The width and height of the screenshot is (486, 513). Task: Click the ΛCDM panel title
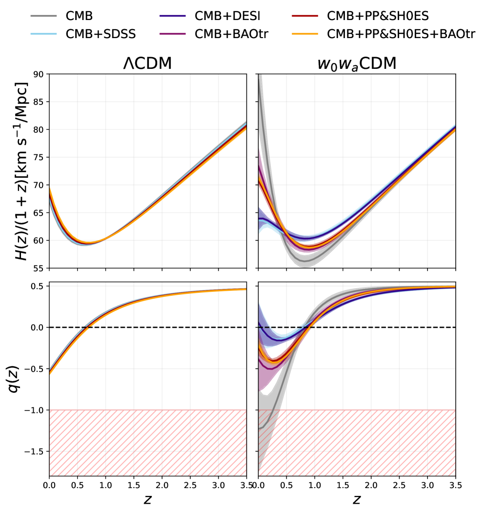coord(147,63)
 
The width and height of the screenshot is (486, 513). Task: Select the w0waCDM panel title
coord(357,63)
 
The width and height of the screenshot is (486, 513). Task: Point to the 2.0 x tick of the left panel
coord(162,485)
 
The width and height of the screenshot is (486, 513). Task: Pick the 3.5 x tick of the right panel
coord(455,485)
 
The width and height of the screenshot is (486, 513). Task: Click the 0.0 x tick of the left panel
coord(49,485)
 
